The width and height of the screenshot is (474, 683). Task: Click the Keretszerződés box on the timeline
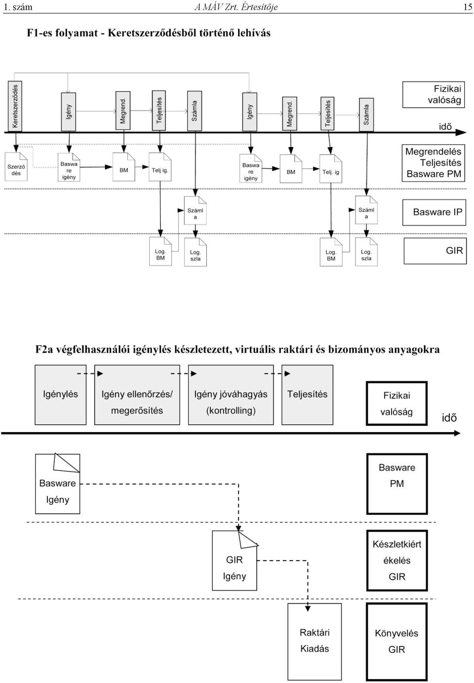pos(15,106)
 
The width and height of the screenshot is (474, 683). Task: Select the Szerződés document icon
pos(16,166)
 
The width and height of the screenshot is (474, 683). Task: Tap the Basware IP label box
pos(434,212)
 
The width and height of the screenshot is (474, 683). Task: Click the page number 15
pos(468,7)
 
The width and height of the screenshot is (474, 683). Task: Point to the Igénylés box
pos(60,395)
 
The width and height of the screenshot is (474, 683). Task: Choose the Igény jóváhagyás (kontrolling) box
pos(231,395)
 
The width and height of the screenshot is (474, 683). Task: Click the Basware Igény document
pos(58,483)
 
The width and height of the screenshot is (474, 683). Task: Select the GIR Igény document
pos(235,561)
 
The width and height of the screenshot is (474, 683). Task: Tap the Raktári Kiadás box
pos(315,641)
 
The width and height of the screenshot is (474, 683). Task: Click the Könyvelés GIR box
pos(396,642)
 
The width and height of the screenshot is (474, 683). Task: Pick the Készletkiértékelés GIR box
pos(397,561)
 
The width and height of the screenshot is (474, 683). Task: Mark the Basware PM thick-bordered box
pos(397,484)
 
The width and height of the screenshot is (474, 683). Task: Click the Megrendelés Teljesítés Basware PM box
pos(433,163)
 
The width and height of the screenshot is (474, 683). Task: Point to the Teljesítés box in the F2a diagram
pos(307,395)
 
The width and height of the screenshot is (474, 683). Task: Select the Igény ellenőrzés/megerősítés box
pos(137,395)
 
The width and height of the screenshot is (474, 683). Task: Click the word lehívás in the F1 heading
pos(254,33)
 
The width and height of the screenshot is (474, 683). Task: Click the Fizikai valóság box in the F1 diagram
pos(434,94)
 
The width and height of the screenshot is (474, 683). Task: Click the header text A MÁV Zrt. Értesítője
pos(236,7)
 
